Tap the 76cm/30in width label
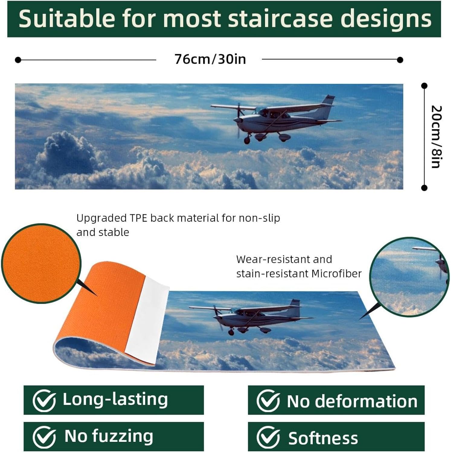tap(210, 59)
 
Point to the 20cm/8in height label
tap(436, 137)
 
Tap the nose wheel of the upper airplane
tap(247, 140)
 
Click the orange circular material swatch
tap(41, 264)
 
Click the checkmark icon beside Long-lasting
tap(44, 401)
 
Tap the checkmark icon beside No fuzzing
tap(44, 437)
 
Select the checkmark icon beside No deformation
tap(268, 401)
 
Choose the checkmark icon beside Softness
tap(268, 437)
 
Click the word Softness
tap(323, 438)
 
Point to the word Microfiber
tap(336, 274)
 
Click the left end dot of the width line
tap(18, 60)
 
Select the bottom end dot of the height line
tap(424, 188)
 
